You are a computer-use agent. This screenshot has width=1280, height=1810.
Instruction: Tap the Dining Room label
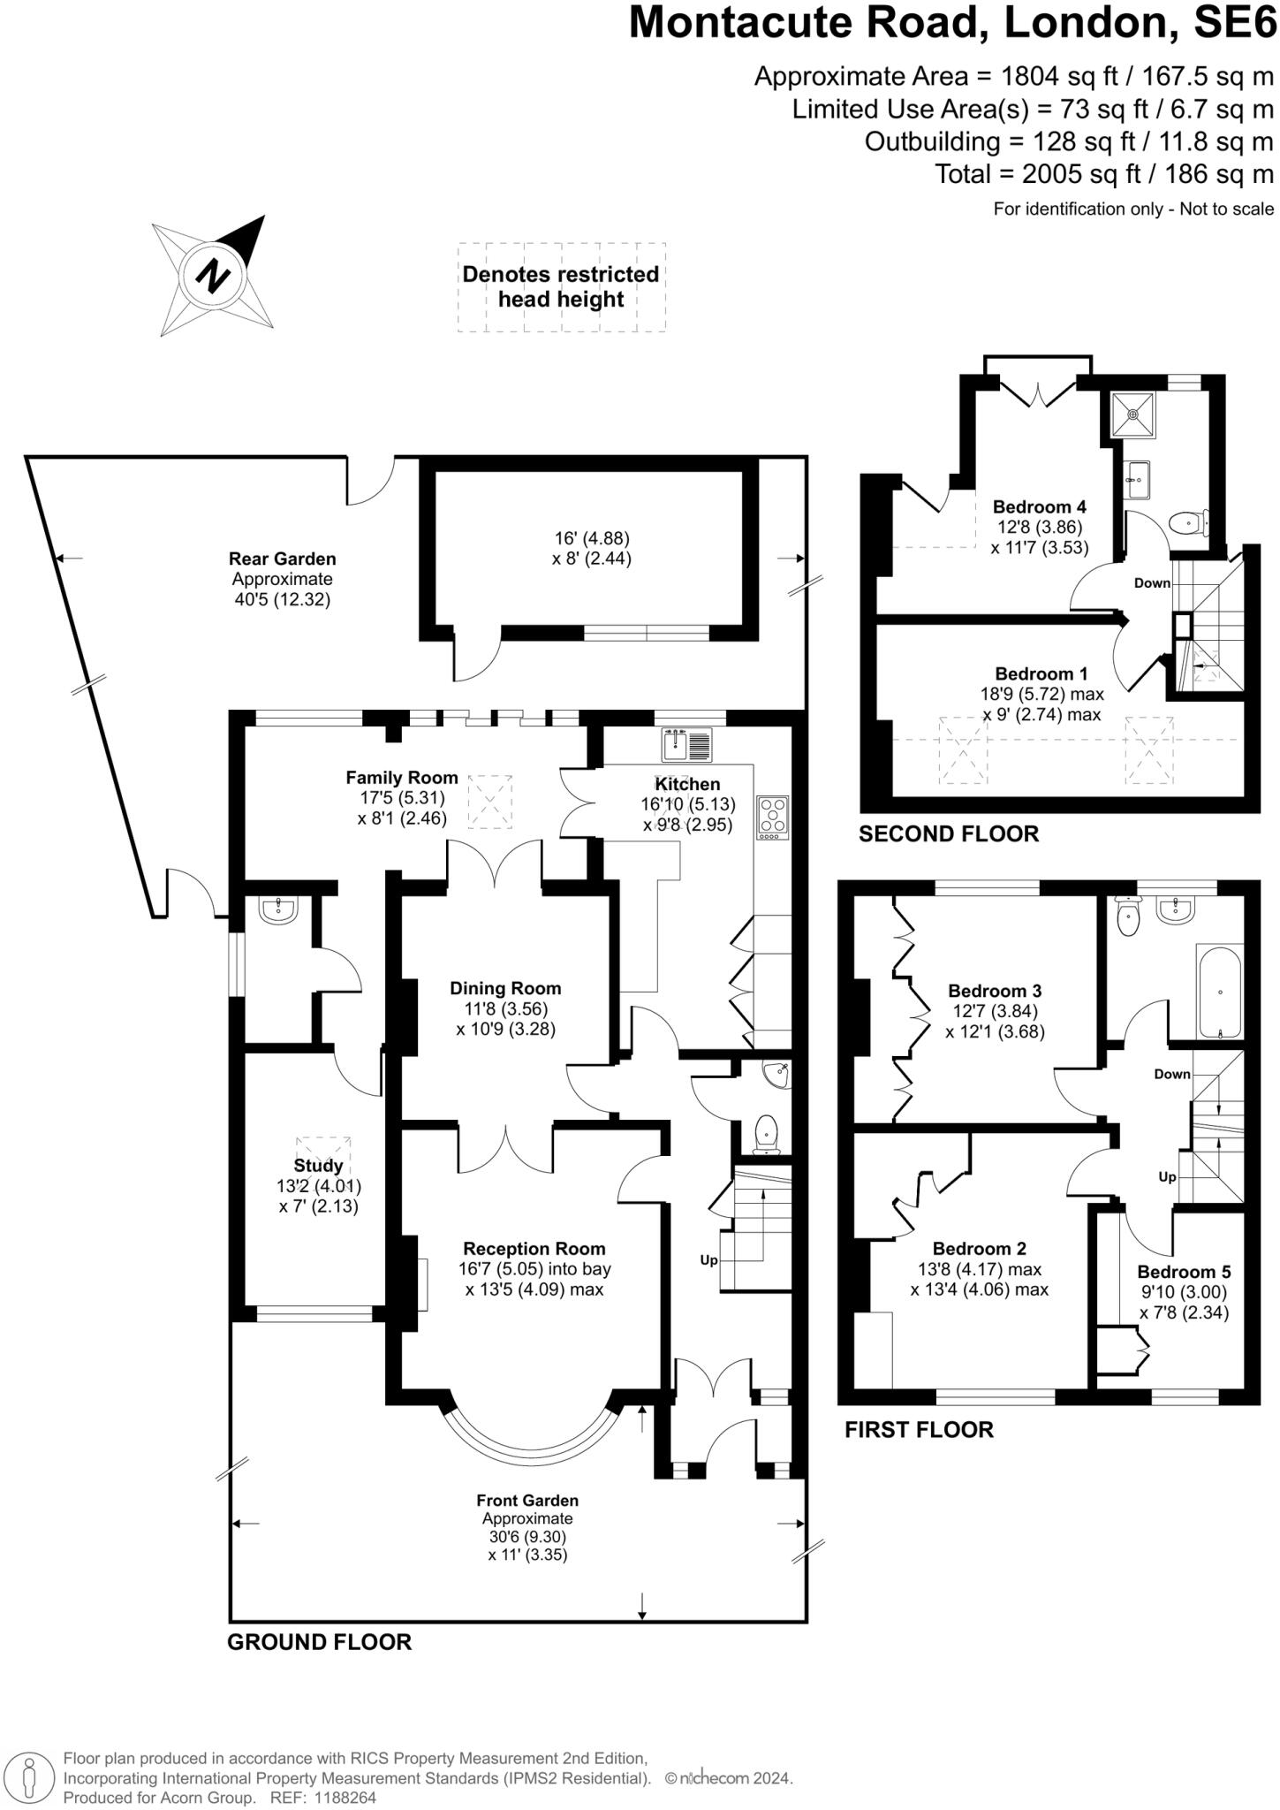pyautogui.click(x=504, y=988)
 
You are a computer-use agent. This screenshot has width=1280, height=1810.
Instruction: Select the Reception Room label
pyautogui.click(x=534, y=1248)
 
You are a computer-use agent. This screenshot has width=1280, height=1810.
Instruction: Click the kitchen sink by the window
pyautogui.click(x=686, y=744)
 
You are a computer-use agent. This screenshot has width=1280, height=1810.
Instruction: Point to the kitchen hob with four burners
pyautogui.click(x=773, y=818)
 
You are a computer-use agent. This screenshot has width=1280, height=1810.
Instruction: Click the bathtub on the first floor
pyautogui.click(x=1219, y=992)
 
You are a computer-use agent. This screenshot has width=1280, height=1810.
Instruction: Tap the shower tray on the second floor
pyautogui.click(x=1133, y=413)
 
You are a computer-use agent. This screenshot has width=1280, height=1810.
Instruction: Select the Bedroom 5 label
pyautogui.click(x=1183, y=1272)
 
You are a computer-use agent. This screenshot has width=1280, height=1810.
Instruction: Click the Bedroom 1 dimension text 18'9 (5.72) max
pyautogui.click(x=1043, y=695)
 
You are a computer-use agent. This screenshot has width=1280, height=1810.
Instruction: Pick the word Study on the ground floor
pyautogui.click(x=317, y=1166)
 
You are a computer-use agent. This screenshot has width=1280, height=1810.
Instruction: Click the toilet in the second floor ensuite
pyautogui.click(x=1186, y=524)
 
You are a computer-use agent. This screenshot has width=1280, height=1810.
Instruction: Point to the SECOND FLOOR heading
pyautogui.click(x=948, y=833)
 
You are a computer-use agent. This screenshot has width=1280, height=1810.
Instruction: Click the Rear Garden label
pyautogui.click(x=282, y=559)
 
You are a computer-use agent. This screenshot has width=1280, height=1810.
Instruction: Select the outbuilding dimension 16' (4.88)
pyautogui.click(x=591, y=538)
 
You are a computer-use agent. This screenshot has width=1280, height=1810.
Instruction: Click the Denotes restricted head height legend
pyautogui.click(x=561, y=286)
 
